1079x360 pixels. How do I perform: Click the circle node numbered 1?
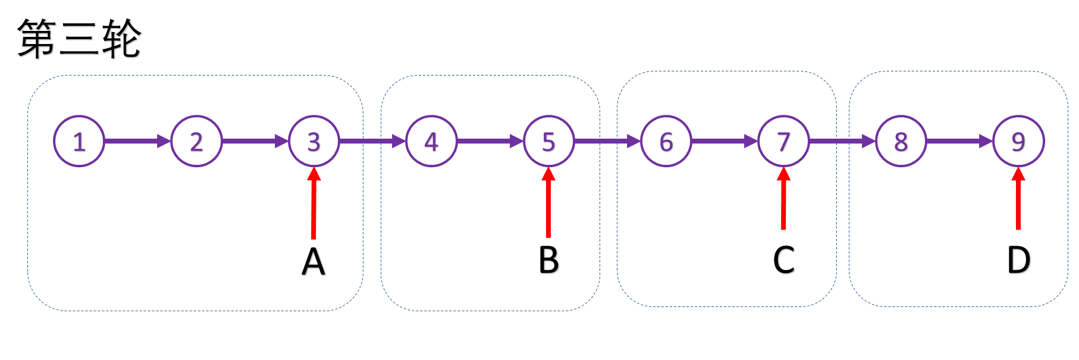tap(79, 142)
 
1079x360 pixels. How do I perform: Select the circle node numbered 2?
tap(196, 142)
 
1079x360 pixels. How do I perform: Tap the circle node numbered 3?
tap(313, 142)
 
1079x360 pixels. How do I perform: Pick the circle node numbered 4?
tap(431, 142)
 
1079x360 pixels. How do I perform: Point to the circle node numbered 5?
tap(548, 142)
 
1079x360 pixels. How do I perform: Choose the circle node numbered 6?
tap(666, 142)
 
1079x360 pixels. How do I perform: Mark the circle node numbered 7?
tap(783, 142)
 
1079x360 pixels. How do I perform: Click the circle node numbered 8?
tap(901, 142)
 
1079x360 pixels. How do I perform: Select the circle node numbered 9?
tap(1018, 142)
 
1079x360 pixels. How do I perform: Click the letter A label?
tap(313, 262)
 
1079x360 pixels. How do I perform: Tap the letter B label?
tap(548, 260)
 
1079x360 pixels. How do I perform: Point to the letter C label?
tap(783, 260)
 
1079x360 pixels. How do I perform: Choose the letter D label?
tap(1018, 260)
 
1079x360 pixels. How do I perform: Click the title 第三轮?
tap(79, 39)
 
